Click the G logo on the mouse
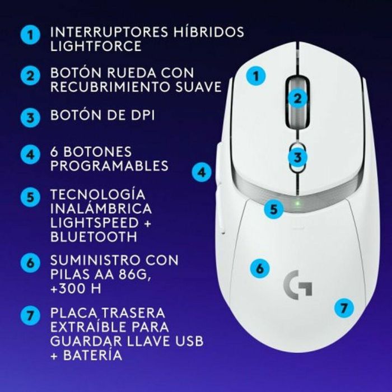298,285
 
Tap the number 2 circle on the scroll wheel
298,99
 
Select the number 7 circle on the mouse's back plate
345,307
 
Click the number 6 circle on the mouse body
259,268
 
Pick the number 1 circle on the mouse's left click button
256,76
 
